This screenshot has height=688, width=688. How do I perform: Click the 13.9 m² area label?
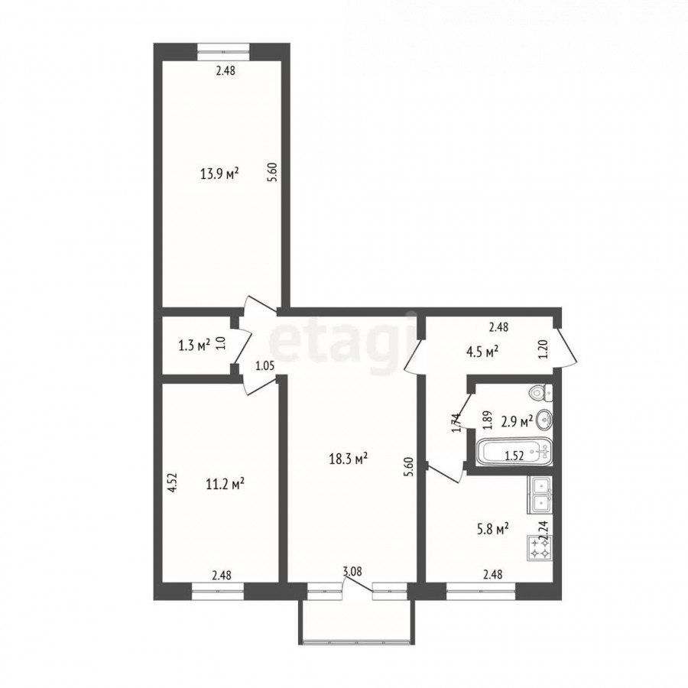click(219, 174)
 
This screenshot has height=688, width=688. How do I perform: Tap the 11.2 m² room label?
click(225, 485)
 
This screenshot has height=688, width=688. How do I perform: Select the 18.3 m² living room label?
click(349, 459)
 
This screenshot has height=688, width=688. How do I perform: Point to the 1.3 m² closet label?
click(194, 346)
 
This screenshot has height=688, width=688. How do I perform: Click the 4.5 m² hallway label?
click(482, 352)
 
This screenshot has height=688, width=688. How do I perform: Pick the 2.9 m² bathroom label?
click(517, 422)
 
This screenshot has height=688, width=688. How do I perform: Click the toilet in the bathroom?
click(541, 392)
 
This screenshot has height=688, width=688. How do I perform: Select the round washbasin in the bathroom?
click(544, 420)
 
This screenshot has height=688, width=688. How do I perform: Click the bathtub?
click(514, 452)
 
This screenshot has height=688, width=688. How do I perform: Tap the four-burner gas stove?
click(540, 547)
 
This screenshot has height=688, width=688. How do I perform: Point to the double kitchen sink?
click(540, 495)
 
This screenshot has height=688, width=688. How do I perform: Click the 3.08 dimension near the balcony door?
click(352, 571)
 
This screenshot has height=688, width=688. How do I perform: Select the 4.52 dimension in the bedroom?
click(173, 482)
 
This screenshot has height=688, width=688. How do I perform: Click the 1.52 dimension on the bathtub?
click(514, 456)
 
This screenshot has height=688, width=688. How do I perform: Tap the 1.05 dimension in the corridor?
click(265, 366)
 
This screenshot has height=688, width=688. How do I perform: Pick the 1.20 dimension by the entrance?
click(544, 349)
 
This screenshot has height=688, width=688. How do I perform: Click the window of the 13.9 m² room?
click(224, 51)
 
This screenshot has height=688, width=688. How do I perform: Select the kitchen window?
click(481, 591)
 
